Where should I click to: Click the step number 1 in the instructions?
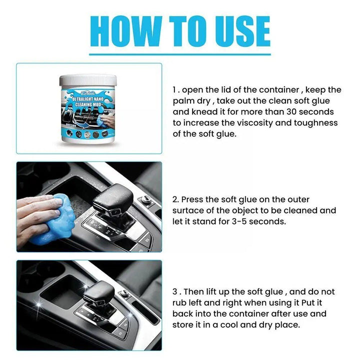coord(174,90)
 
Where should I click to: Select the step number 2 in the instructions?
coord(174,199)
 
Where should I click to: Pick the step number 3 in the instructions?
coord(174,291)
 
